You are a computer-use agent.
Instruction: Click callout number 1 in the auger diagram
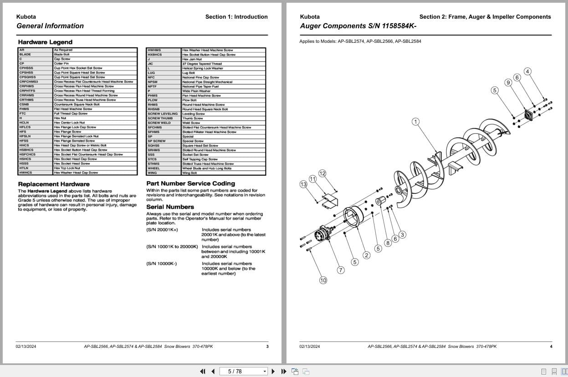(415, 122)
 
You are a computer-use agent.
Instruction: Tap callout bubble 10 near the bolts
(323, 280)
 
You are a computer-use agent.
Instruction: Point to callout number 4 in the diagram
(527, 71)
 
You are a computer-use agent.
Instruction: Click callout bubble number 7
(341, 270)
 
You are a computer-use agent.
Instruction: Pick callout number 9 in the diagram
(508, 82)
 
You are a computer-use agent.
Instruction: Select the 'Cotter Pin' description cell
(61, 64)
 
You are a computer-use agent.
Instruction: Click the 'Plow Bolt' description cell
(189, 100)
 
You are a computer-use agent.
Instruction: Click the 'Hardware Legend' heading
(45, 42)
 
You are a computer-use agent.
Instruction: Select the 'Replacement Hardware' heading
(54, 184)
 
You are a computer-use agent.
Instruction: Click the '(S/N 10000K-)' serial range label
(162, 264)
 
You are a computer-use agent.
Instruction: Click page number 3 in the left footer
(267, 346)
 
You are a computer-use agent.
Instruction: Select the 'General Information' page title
(50, 26)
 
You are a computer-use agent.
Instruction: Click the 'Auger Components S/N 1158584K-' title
(358, 26)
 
